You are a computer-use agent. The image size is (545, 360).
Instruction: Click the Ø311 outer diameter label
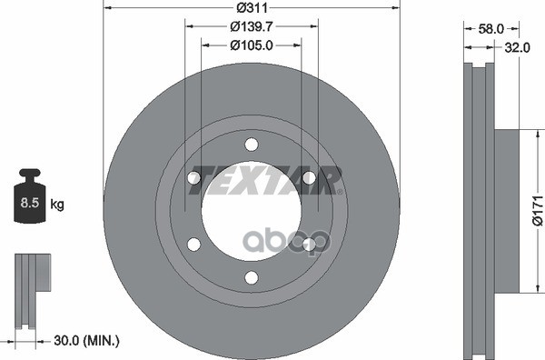pyautogui.click(x=252, y=7)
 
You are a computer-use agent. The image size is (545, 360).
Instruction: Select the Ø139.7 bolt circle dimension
pyautogui.click(x=252, y=26)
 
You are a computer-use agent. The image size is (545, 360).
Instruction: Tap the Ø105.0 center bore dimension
pyautogui.click(x=252, y=45)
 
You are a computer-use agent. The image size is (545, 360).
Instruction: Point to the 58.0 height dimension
pyautogui.click(x=490, y=29)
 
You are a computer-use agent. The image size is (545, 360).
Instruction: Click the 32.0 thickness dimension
pyautogui.click(x=517, y=47)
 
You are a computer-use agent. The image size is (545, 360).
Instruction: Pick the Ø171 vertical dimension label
pyautogui.click(x=538, y=210)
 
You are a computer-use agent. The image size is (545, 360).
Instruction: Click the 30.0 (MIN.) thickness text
pyautogui.click(x=86, y=341)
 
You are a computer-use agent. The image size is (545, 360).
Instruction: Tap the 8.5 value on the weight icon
pyautogui.click(x=30, y=203)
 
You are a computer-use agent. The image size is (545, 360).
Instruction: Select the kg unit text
pyautogui.click(x=57, y=205)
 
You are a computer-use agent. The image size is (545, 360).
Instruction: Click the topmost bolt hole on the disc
pyautogui.click(x=252, y=145)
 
